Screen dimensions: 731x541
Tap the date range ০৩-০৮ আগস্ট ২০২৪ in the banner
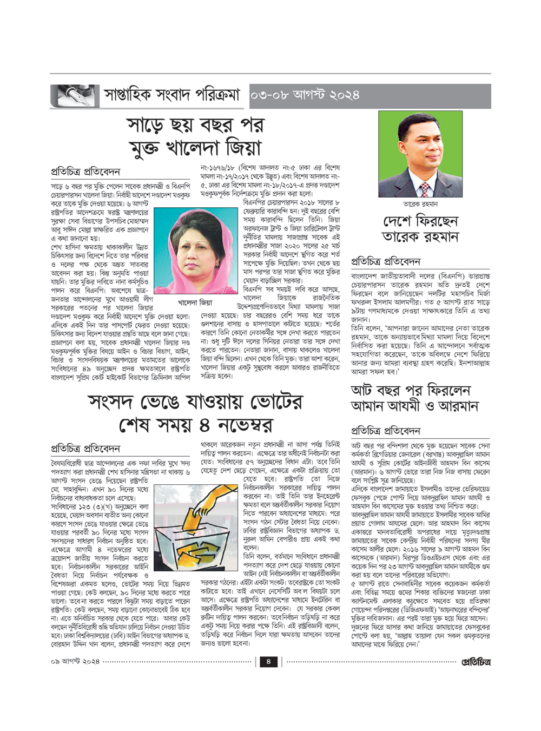point(305,95)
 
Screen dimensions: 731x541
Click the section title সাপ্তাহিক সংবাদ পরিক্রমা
point(171,95)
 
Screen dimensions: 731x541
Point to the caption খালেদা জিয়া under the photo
point(195,302)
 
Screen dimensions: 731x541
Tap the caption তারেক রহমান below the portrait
point(420,204)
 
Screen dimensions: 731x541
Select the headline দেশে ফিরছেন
point(420,221)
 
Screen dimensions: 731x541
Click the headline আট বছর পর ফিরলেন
point(411,390)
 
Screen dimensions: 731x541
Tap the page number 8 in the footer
point(268,661)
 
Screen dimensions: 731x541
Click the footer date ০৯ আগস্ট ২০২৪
point(75,661)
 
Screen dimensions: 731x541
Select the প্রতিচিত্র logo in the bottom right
point(476,661)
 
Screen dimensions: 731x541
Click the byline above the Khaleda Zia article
point(85,172)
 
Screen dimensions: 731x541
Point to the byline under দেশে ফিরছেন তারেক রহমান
point(385,262)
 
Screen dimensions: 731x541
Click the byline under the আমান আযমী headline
point(385,431)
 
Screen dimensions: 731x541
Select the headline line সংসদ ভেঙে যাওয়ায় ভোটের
point(196,401)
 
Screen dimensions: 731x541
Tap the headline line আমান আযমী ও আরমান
point(414,406)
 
